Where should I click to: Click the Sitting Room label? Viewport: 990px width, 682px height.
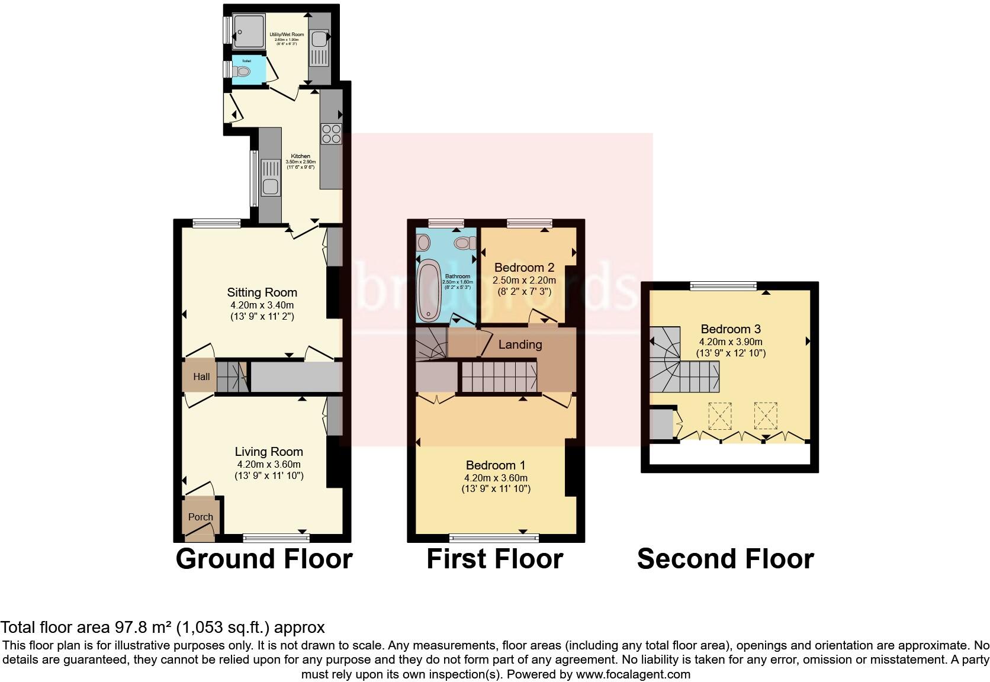tap(262, 292)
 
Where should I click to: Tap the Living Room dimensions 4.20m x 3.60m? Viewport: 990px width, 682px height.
tap(269, 464)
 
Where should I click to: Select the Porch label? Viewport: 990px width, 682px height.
tap(200, 517)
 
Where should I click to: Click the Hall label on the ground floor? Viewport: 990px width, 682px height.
tap(201, 377)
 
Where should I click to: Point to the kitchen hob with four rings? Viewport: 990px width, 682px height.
tap(331, 134)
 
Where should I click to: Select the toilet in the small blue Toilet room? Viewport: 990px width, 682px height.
tap(243, 72)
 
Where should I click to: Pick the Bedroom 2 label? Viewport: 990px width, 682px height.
tap(524, 268)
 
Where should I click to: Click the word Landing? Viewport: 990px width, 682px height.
tap(520, 345)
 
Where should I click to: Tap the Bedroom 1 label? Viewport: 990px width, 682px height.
tap(496, 465)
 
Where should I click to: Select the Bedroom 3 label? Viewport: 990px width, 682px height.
tap(731, 329)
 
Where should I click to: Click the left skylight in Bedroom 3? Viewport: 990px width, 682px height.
tap(719, 416)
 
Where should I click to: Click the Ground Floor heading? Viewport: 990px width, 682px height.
tap(264, 559)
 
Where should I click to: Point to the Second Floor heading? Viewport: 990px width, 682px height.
tap(725, 559)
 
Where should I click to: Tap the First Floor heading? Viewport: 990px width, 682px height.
tap(494, 559)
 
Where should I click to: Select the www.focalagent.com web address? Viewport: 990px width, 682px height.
tap(632, 674)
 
